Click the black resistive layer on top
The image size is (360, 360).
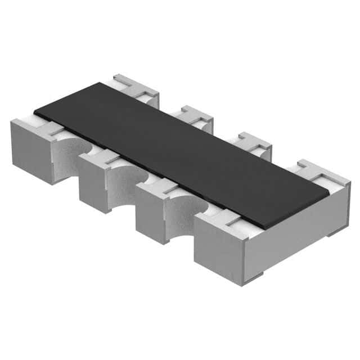pos(180,152)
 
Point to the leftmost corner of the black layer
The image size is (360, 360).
pos(34,110)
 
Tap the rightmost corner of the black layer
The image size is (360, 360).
pos(329,194)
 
